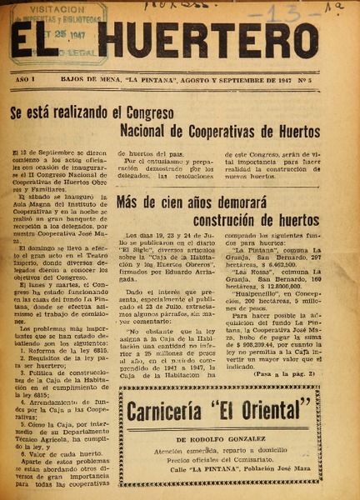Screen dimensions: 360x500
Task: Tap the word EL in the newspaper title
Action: pyautogui.click(x=40, y=39)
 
